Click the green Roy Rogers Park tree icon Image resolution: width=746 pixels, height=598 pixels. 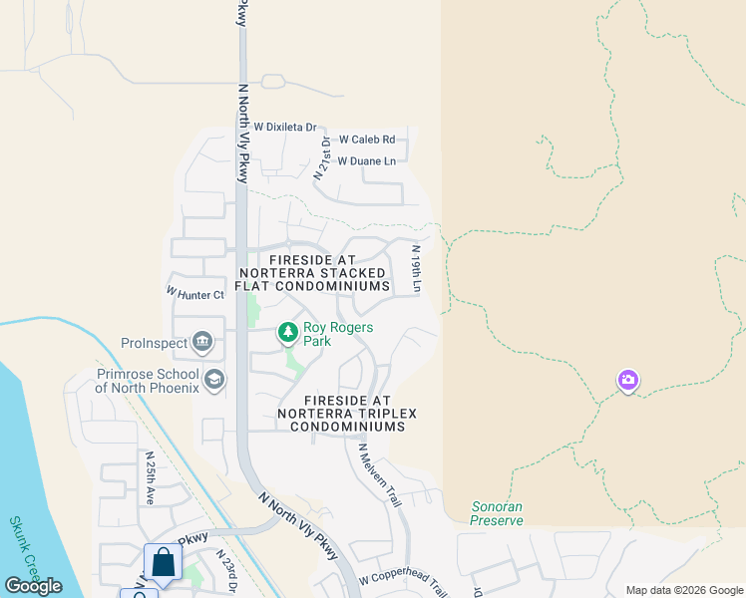coord(287,332)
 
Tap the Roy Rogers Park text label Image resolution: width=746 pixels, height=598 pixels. coord(338,334)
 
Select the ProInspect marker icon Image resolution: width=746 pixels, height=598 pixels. coord(202,343)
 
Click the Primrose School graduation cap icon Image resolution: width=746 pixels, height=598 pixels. coord(213,380)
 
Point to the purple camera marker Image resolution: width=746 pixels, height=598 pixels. coord(627,381)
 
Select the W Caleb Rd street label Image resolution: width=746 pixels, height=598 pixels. coord(367,140)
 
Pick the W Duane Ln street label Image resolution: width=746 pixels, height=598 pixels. coord(366,160)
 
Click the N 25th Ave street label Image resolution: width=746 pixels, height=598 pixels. coord(151,478)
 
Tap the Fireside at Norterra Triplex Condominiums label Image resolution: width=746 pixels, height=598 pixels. coord(347,413)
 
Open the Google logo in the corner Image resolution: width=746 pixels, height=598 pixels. coord(34,585)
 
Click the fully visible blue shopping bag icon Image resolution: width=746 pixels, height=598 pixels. coord(163,561)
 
